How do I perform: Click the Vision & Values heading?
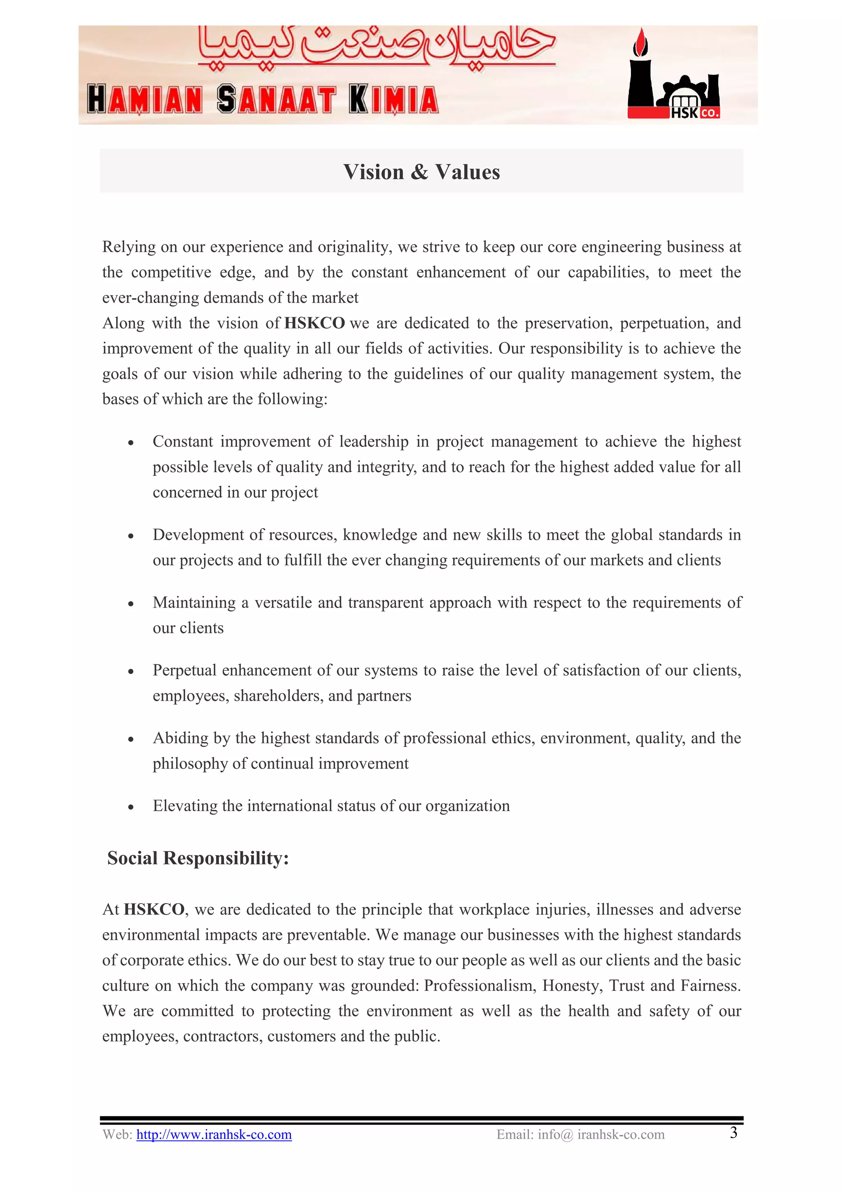(421, 172)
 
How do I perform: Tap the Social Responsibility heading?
(198, 858)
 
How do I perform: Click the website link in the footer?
(214, 1134)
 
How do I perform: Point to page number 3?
(734, 1132)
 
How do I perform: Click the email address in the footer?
(580, 1134)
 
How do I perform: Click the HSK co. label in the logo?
(694, 113)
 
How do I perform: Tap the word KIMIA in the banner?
(394, 100)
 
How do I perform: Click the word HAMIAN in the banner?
(144, 100)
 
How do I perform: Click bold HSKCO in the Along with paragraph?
(314, 323)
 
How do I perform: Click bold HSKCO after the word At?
(154, 909)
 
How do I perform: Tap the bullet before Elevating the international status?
(131, 807)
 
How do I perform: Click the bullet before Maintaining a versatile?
(131, 604)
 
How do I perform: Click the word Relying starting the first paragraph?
(129, 247)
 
